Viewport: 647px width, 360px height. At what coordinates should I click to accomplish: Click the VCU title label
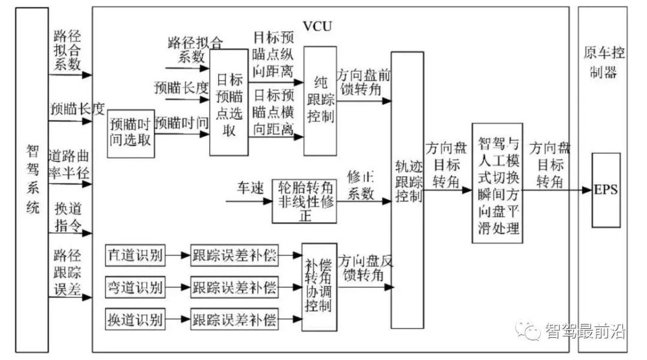coord(317,26)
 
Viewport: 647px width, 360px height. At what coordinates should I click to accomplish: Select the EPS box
coord(606,190)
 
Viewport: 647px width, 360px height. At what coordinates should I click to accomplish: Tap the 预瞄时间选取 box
coord(131,133)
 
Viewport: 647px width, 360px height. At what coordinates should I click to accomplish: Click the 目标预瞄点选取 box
coord(229,102)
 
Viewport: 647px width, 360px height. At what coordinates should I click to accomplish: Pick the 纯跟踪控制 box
coord(320,101)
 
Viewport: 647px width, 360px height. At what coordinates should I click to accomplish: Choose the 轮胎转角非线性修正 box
coord(304,201)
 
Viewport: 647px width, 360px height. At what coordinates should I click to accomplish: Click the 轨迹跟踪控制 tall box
coord(407,190)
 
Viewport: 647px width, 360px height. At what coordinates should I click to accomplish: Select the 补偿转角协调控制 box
coord(319,287)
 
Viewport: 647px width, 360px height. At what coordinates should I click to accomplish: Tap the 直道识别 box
coord(135,255)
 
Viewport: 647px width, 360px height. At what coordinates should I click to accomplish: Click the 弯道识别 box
coord(135,287)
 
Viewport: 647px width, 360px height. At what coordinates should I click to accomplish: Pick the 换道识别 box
coord(135,319)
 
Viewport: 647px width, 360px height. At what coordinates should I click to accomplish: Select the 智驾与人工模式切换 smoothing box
coord(497,183)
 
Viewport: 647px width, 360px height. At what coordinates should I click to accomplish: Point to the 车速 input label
coord(250,188)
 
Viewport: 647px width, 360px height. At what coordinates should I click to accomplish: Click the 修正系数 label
coord(360,185)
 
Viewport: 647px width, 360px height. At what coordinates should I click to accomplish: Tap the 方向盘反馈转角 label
coord(365,268)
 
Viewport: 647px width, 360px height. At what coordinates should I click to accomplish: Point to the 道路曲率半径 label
coord(69,164)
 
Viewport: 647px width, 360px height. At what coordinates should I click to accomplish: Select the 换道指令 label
coord(68,217)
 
